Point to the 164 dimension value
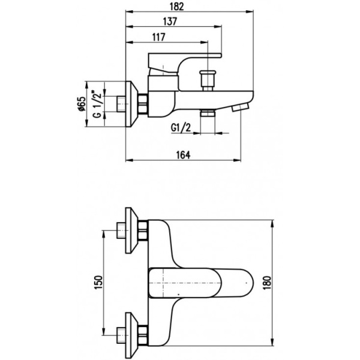(x=184, y=155)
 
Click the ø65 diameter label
(x=80, y=105)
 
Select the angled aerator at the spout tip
(x=241, y=107)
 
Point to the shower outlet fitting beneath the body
(x=208, y=115)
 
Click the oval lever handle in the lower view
(x=198, y=281)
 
